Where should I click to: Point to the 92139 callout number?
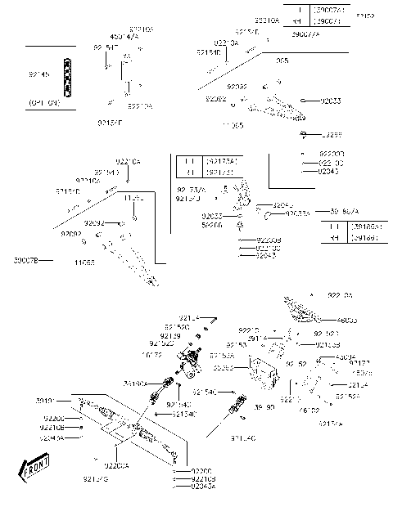170,335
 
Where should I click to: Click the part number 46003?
347,321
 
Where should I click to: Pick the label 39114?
257,338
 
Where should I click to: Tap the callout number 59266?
189,223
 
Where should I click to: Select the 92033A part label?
274,213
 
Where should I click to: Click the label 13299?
332,133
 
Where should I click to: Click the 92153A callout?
221,356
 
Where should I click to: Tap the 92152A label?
347,396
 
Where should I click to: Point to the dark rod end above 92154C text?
238,405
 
